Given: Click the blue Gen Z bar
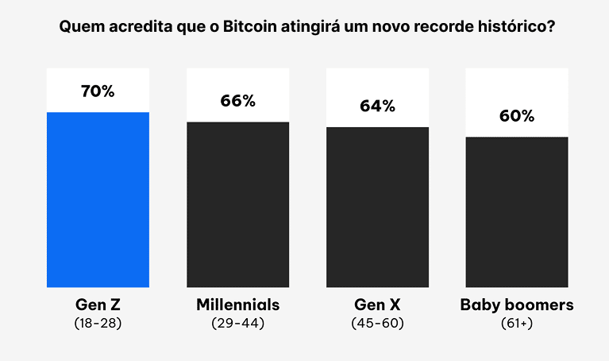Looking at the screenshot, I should tap(98, 200).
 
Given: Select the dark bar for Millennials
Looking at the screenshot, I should tap(237, 204).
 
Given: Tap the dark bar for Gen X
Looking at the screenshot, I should tap(377, 207).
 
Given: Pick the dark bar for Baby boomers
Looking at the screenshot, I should tap(517, 212).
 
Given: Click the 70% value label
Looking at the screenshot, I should tap(98, 91).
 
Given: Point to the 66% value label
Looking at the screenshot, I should tap(237, 101).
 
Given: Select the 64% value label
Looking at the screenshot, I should tap(377, 106).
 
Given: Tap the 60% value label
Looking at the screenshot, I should tap(517, 116).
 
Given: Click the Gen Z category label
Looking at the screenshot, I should tap(98, 305).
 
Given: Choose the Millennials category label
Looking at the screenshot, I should tap(237, 305).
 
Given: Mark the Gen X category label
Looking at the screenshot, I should tap(377, 305).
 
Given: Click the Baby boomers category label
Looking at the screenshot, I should tap(517, 305).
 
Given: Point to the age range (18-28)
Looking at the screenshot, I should tap(98, 324).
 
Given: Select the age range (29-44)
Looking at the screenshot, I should tap(237, 324).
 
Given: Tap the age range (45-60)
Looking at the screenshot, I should tap(377, 324).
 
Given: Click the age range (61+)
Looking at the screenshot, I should tap(517, 324).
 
